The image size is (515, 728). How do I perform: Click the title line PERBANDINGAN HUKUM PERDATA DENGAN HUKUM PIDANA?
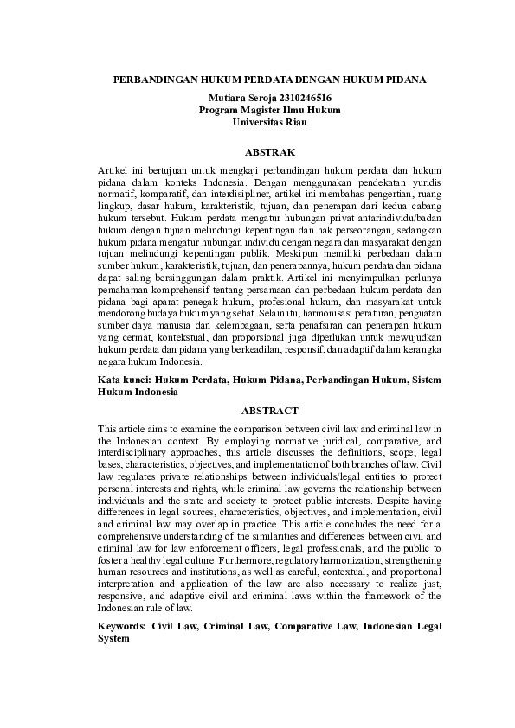[x=269, y=80]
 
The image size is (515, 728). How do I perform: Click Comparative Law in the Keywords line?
[x=315, y=626]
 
